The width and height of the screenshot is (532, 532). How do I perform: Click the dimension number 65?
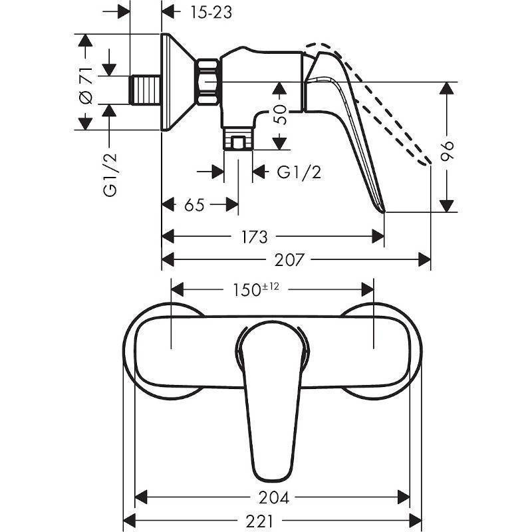194,205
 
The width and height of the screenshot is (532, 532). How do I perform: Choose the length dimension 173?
260,236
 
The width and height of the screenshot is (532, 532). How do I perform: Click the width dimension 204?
275,497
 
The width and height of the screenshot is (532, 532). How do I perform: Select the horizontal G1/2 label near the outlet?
299,172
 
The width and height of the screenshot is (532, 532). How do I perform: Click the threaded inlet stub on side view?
147,89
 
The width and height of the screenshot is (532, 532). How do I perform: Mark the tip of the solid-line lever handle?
382,210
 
